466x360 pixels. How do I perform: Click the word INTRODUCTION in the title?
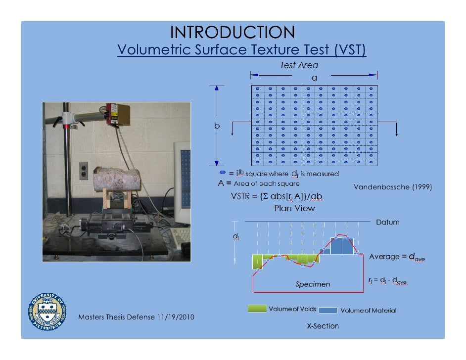click(233, 33)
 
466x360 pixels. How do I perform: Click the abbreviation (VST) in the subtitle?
click(350, 50)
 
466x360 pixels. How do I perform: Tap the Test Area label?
click(299, 65)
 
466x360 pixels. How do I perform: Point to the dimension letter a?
click(314, 78)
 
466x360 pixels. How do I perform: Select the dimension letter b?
click(217, 126)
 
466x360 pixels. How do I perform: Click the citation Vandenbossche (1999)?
click(393, 187)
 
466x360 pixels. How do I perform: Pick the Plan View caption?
click(294, 208)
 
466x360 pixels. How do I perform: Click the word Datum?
click(387, 222)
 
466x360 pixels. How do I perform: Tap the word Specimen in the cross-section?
click(313, 284)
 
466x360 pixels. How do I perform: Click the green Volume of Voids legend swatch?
click(257, 309)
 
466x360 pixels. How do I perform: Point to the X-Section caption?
click(322, 326)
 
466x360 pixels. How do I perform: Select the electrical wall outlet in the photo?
click(84, 171)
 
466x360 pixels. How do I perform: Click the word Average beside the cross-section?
click(384, 257)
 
